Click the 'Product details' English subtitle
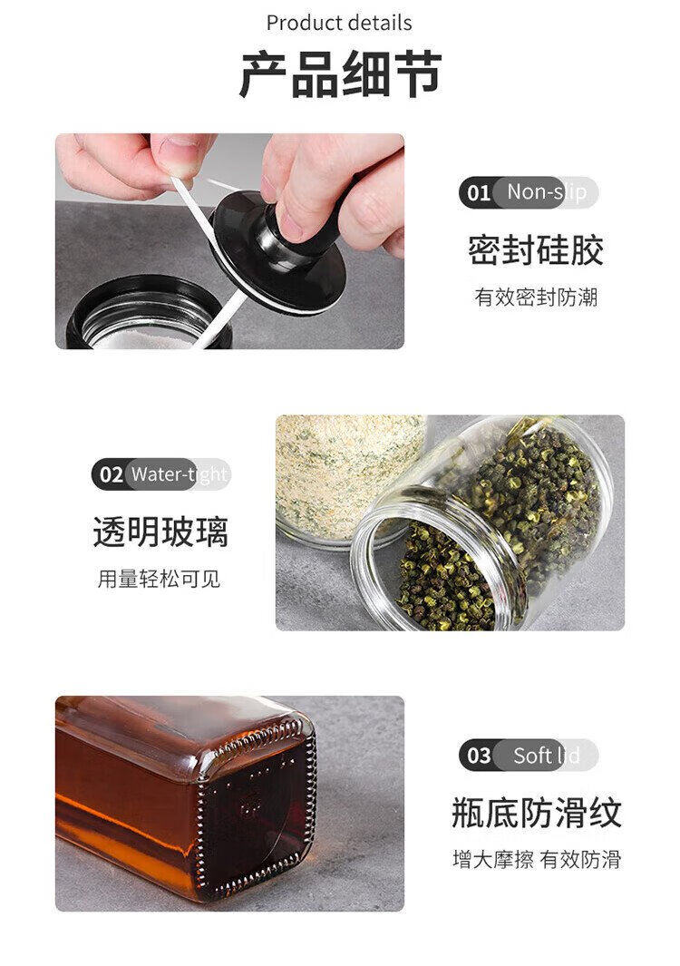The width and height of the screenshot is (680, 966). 339,23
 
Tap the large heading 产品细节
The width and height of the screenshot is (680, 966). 340,73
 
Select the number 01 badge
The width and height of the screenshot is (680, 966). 478,193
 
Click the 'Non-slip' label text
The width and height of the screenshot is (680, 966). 547,191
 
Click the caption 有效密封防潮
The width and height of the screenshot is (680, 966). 536,297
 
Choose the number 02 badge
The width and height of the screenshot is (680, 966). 111,474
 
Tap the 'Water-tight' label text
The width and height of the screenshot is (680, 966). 179,474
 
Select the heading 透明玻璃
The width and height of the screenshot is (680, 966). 160,532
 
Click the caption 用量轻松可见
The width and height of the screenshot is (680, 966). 159,579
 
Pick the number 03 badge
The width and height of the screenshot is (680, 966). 479,756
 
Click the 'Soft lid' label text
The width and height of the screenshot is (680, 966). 547,756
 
